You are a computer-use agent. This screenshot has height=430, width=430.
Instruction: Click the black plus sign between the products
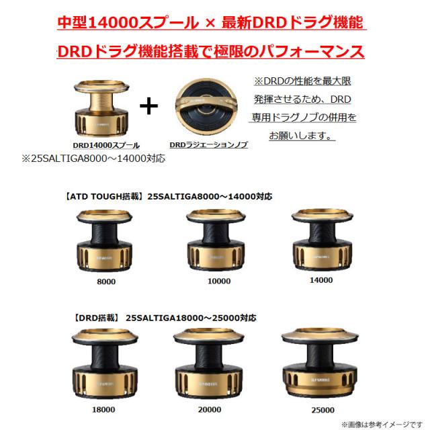[148, 106]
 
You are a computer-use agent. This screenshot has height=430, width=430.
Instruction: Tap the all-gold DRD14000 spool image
[101, 108]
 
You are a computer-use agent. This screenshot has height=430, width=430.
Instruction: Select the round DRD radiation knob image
[206, 107]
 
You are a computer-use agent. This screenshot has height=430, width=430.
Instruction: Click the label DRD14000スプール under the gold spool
[106, 145]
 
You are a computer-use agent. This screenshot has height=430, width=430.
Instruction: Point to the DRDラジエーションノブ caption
[209, 144]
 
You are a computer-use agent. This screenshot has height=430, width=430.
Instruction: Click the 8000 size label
[106, 282]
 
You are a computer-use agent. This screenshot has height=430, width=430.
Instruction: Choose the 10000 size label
[219, 281]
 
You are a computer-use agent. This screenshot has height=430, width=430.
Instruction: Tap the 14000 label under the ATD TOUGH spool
[321, 280]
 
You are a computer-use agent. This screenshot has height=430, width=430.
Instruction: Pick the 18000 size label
[103, 409]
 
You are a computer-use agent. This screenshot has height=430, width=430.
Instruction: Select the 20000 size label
[210, 409]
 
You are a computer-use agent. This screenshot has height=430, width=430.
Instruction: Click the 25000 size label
[322, 410]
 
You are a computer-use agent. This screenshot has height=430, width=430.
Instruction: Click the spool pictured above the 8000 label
[104, 241]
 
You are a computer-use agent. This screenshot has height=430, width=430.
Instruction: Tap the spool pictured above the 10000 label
[216, 241]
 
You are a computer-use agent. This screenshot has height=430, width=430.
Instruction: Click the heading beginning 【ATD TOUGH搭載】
[169, 196]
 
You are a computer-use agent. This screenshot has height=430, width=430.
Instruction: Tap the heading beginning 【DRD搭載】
[165, 318]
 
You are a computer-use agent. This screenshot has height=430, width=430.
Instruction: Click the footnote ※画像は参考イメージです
[382, 425]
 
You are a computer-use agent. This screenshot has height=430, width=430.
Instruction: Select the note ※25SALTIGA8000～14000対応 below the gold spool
[93, 159]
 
